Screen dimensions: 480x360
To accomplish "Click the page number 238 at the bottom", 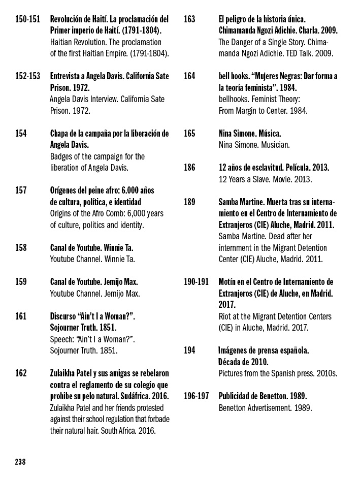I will click(20, 462).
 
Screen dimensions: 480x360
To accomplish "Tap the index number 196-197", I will click(196, 396).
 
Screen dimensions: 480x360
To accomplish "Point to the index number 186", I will click(189, 167).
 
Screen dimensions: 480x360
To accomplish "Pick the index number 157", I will click(21, 190).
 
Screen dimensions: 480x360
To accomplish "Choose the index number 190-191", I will click(196, 282).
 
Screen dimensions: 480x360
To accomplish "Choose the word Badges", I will click(62, 156).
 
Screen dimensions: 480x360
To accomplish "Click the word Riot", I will click(226, 316).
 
